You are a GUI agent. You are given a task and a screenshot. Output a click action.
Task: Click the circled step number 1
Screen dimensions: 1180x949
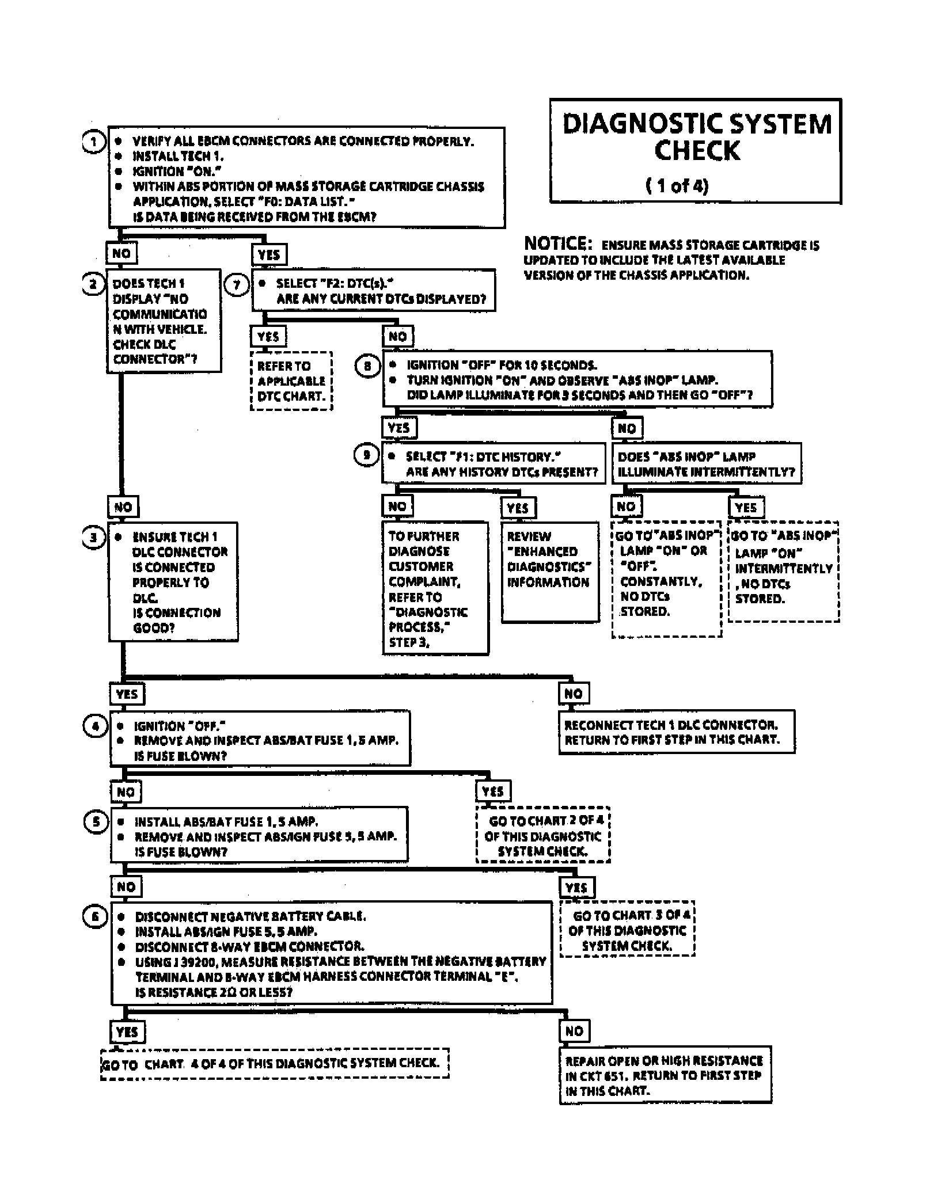coord(94,141)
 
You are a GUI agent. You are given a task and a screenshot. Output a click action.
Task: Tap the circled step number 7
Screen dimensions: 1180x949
coord(236,285)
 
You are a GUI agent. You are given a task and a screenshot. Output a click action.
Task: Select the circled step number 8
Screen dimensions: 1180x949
coord(367,366)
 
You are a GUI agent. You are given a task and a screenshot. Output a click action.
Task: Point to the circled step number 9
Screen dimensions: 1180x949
coord(366,455)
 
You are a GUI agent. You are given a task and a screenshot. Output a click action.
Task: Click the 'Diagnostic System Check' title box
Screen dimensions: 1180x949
coord(696,151)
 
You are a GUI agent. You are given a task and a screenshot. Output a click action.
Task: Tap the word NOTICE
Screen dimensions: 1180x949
coord(557,243)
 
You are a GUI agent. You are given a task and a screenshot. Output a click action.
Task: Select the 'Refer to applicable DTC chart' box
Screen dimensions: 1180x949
coord(291,381)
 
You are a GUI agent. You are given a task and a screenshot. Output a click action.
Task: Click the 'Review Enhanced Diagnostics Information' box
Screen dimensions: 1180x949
coord(550,572)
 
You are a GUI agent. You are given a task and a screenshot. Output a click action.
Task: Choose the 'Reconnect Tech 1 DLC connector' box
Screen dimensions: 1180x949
coord(676,732)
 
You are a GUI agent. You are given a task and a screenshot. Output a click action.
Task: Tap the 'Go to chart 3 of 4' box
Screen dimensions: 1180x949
coord(627,930)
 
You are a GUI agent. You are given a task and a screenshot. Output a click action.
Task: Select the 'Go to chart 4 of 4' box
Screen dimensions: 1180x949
coord(275,1063)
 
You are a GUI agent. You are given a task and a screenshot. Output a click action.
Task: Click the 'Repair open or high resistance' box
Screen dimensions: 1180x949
coord(665,1075)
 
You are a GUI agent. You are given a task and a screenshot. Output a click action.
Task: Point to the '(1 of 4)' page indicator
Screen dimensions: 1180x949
coord(677,186)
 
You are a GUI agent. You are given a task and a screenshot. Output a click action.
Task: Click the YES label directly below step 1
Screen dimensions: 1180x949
coord(269,254)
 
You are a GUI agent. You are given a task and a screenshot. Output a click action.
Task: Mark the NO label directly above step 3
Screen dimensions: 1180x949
coord(123,507)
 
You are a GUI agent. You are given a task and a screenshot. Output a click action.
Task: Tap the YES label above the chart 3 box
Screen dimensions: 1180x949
coord(577,888)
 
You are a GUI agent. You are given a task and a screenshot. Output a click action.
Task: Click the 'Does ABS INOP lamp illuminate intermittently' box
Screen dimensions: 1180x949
coord(706,464)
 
